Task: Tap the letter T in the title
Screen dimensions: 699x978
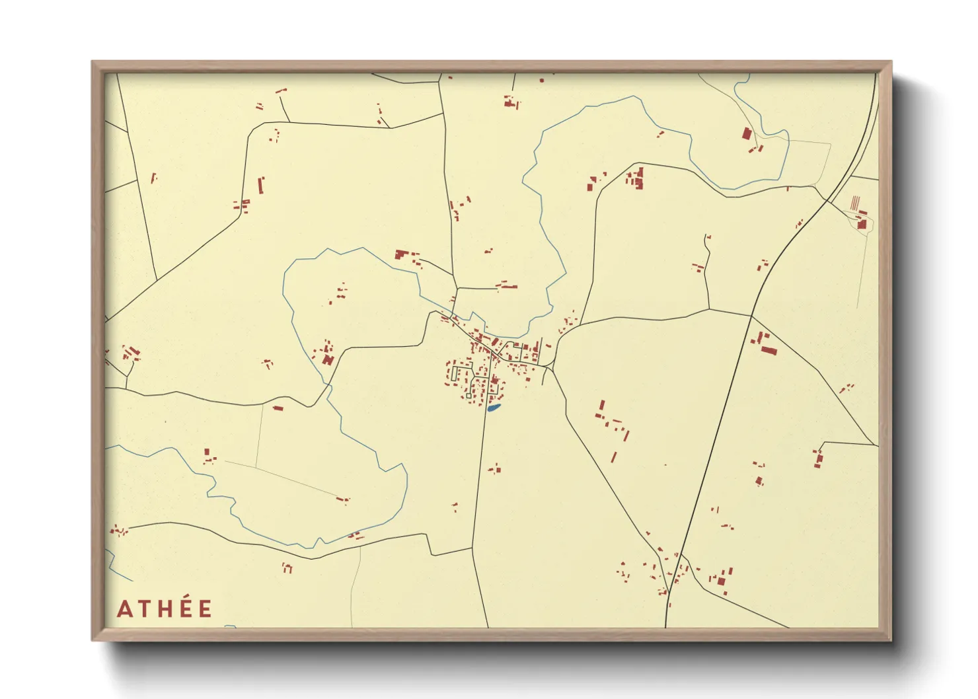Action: [145, 608]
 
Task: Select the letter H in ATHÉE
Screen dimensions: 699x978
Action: [165, 608]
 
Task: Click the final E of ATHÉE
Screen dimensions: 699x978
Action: [205, 608]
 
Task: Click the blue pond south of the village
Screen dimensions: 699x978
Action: [494, 408]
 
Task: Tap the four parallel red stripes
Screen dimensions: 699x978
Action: [855, 202]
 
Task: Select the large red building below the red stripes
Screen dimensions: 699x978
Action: [862, 224]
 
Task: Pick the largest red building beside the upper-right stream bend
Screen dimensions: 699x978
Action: [747, 134]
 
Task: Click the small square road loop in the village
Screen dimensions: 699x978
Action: [469, 396]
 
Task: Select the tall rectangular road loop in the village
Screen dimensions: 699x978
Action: [455, 373]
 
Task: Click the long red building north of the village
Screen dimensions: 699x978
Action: [507, 286]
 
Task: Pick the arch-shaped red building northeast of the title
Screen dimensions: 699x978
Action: [287, 567]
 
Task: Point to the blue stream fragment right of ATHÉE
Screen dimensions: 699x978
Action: [229, 626]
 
